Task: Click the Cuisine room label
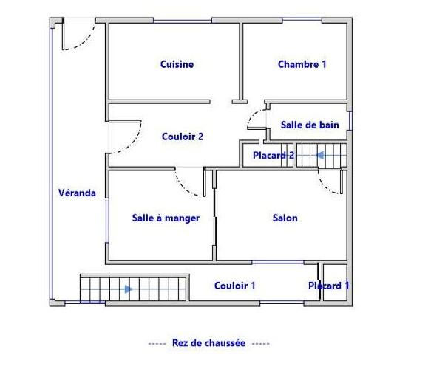177,64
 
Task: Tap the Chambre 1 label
302,64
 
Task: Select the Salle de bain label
310,125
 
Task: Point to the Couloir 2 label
183,137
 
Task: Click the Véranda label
77,193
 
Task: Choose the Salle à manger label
166,218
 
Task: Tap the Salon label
285,218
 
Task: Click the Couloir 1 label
235,286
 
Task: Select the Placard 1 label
329,286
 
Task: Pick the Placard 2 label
274,156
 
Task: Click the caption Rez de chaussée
208,343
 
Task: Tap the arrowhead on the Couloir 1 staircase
129,289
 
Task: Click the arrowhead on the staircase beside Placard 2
320,156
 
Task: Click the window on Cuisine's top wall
183,21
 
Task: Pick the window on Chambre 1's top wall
302,20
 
